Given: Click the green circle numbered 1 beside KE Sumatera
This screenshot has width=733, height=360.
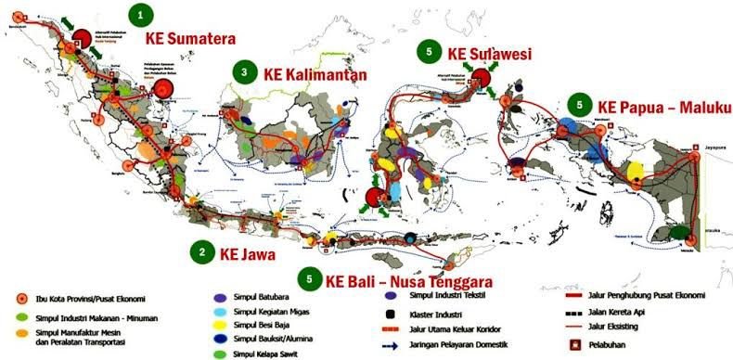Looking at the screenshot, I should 140,15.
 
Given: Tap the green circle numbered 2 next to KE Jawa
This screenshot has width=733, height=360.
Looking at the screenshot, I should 202,251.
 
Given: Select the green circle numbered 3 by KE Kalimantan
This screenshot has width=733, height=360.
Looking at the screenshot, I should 244,72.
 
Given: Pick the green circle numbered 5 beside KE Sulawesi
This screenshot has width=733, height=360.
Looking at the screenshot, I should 428,52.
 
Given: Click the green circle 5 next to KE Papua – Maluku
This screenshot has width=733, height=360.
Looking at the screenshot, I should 580,104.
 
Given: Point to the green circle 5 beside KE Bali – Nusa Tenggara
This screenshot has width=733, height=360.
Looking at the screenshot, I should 309,279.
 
